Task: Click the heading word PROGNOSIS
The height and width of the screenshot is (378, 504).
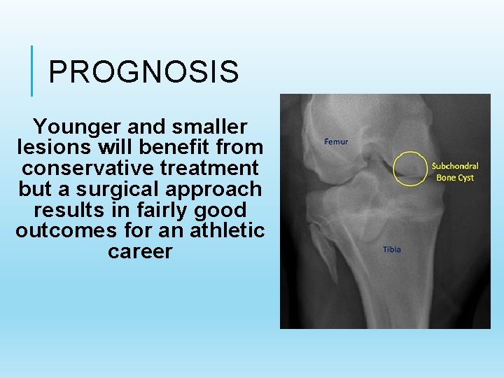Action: [x=143, y=71]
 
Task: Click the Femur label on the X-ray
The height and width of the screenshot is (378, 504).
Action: [x=336, y=141]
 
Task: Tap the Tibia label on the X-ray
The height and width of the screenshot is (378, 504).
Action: [x=392, y=249]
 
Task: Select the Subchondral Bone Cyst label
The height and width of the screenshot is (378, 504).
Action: [x=455, y=171]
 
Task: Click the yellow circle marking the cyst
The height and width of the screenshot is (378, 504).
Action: [x=410, y=167]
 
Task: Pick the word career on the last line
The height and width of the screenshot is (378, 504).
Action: [x=140, y=252]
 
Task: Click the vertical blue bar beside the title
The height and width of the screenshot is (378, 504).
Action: [x=32, y=71]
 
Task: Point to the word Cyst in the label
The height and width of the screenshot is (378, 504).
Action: [x=465, y=178]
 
